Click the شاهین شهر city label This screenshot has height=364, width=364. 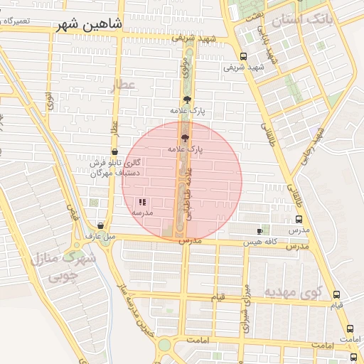pos(91,25)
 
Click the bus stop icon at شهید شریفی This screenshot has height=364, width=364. pos(244,57)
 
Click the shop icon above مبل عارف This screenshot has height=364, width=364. pos(100,225)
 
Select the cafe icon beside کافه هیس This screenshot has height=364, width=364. pos(259,231)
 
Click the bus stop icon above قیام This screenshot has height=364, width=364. pos(336,295)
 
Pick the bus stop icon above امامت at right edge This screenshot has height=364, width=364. pos(350,329)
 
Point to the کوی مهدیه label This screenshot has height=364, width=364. pos(293,291)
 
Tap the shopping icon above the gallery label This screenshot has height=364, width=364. pos(114,151)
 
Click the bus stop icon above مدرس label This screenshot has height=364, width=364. pos(298,220)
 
